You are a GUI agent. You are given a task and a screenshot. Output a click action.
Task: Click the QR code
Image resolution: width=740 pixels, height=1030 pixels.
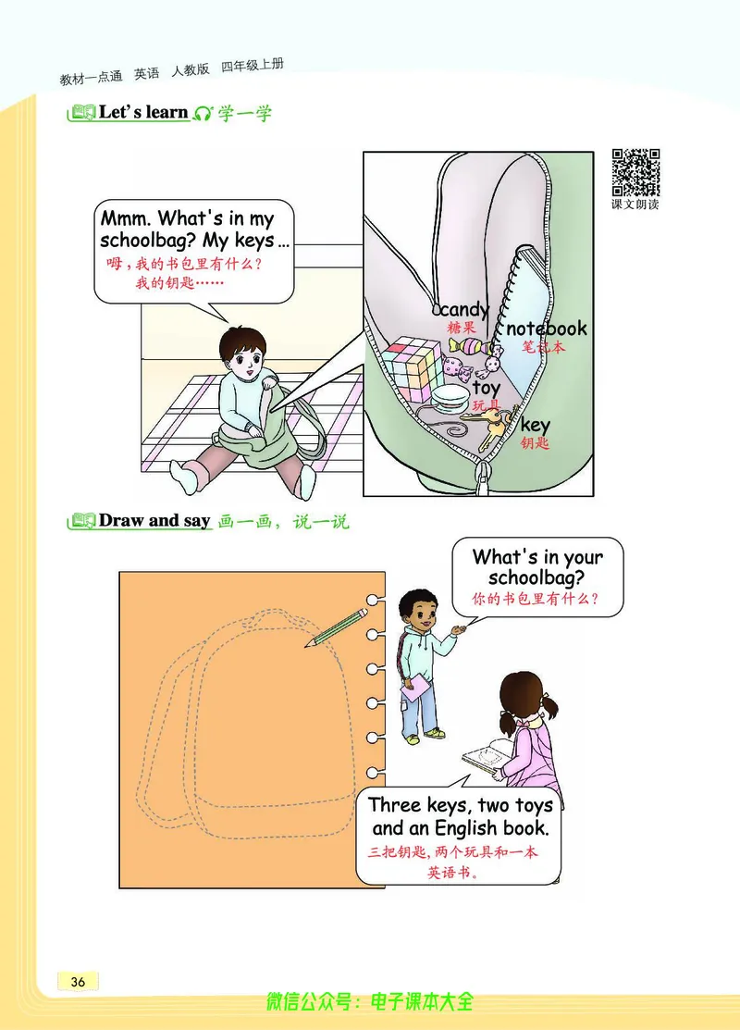(635, 173)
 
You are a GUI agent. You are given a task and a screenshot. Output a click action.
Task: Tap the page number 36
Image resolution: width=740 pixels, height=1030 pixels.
(78, 981)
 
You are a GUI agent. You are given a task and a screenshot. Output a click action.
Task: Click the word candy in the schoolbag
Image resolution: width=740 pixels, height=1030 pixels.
(465, 309)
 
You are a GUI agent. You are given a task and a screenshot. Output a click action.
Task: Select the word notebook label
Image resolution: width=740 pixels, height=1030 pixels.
(547, 329)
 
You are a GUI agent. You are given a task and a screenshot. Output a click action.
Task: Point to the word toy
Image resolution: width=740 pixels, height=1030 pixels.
(487, 389)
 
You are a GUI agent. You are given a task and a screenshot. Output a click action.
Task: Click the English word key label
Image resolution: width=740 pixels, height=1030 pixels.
(536, 426)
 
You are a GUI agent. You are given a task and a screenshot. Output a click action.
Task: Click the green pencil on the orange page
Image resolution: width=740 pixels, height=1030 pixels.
(336, 627)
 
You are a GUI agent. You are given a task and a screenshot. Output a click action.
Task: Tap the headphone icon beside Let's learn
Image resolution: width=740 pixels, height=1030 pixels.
(203, 113)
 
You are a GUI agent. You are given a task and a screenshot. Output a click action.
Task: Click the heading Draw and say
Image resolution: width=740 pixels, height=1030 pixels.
(154, 521)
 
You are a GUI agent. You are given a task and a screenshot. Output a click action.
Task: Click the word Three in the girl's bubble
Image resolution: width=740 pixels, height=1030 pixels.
(395, 805)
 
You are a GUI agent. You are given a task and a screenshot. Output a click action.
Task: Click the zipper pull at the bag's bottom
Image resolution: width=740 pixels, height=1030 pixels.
(483, 478)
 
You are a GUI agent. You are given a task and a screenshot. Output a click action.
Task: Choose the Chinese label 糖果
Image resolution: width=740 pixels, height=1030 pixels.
(462, 327)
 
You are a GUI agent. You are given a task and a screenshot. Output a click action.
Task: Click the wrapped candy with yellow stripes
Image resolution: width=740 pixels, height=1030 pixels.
(475, 346)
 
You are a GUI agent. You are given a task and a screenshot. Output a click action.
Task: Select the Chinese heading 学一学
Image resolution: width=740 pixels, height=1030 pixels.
(245, 113)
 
